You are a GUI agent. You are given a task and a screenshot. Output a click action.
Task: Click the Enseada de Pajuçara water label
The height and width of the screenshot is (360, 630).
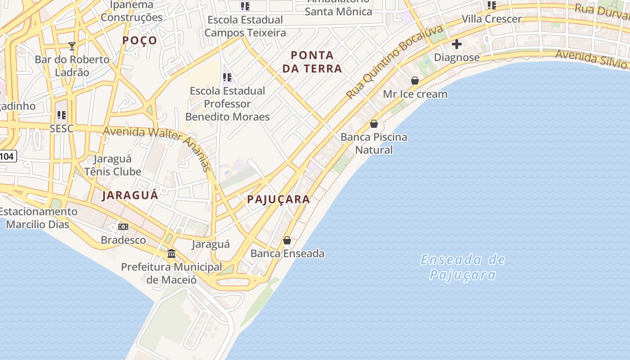[463, 267]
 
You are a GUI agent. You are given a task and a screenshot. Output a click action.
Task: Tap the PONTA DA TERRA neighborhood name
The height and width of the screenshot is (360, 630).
[316, 62]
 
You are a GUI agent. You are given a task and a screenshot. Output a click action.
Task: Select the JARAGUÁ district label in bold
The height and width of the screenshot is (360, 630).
[130, 195]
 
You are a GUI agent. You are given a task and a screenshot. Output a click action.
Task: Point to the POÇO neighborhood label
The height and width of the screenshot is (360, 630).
[140, 40]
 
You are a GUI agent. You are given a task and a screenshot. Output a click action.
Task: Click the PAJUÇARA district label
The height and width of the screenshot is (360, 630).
[279, 199]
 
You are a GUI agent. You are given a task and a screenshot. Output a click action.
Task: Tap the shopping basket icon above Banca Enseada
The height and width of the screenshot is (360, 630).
[287, 240]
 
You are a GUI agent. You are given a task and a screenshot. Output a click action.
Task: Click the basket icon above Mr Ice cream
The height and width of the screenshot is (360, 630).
[415, 81]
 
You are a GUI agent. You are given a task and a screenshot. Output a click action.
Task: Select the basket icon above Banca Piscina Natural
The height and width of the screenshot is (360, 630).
[373, 124]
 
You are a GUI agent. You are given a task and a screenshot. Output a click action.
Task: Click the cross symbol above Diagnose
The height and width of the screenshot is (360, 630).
[457, 44]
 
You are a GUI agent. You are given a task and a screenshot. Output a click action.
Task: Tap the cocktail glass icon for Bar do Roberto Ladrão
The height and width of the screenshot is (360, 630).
[72, 46]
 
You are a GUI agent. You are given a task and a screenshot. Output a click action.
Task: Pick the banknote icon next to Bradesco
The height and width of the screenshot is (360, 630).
[123, 227]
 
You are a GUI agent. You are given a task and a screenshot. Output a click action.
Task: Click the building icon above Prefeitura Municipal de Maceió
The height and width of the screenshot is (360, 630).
[171, 254]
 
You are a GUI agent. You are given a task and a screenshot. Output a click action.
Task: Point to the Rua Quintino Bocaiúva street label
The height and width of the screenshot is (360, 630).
[394, 62]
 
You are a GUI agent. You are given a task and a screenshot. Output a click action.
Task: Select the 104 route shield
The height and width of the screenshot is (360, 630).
[7, 157]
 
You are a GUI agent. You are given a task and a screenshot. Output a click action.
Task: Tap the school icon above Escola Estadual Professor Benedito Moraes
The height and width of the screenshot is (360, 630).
[227, 77]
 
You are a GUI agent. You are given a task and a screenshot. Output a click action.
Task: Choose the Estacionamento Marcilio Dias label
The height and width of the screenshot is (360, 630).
[38, 218]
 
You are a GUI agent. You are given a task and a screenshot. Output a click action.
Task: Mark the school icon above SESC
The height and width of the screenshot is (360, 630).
[62, 115]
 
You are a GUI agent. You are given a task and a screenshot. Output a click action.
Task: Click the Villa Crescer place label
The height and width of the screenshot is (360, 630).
[491, 19]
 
